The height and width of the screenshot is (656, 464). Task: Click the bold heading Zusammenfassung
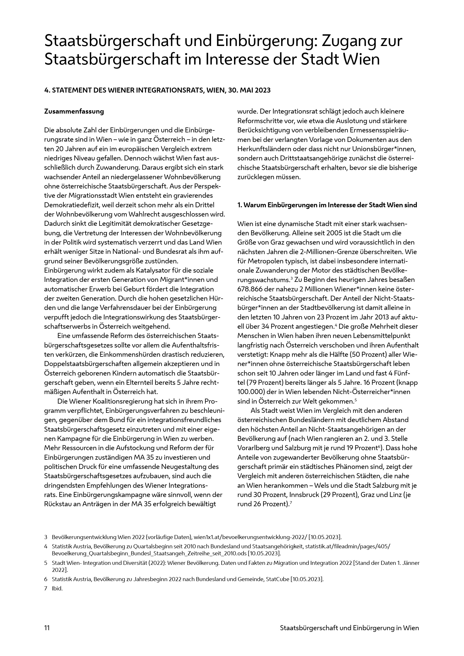click(x=74, y=111)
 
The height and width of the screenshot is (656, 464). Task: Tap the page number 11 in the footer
click(x=47, y=628)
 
